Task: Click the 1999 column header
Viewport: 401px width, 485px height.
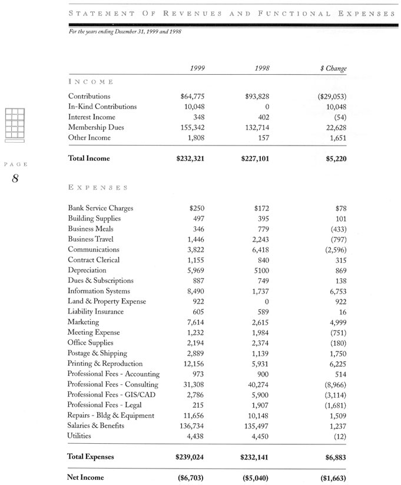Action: [x=197, y=68]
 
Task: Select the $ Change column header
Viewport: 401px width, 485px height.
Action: [x=333, y=68]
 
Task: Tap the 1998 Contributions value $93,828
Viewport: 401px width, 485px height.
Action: [x=257, y=96]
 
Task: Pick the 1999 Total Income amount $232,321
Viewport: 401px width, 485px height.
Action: [x=190, y=159]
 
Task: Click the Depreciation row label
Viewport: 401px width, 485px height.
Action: [x=87, y=270]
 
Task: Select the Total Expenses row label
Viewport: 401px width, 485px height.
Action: [x=91, y=457]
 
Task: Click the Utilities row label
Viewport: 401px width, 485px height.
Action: [x=81, y=436]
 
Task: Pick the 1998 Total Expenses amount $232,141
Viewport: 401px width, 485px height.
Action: [x=256, y=457]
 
